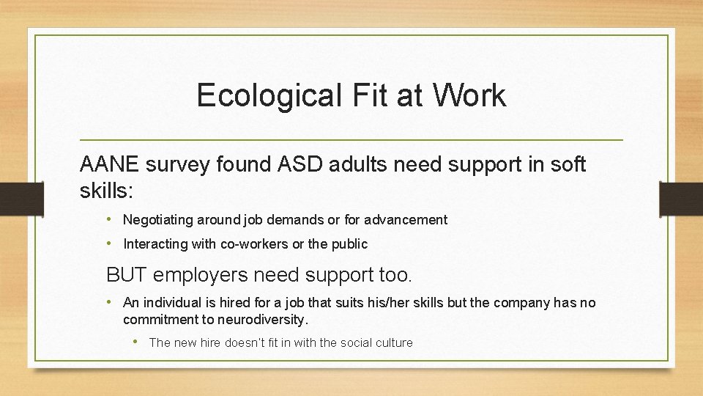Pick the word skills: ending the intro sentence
point(106,191)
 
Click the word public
point(349,244)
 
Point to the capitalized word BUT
point(128,275)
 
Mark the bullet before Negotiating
point(108,219)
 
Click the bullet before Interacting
point(108,243)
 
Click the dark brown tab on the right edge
point(680,199)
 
